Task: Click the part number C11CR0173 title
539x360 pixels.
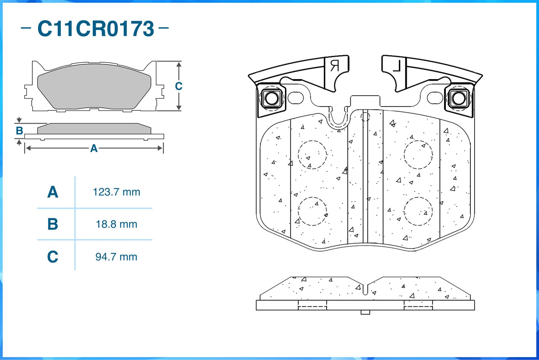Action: pyautogui.click(x=96, y=29)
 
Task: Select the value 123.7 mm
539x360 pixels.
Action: pyautogui.click(x=116, y=192)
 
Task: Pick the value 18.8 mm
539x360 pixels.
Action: pyautogui.click(x=116, y=224)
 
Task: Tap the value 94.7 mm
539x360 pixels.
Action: pyautogui.click(x=116, y=257)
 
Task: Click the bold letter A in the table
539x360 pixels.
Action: pyautogui.click(x=53, y=192)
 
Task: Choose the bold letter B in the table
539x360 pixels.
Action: pyautogui.click(x=53, y=224)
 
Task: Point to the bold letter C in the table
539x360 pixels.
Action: pyautogui.click(x=53, y=257)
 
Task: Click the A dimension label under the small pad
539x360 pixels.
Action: pyautogui.click(x=94, y=149)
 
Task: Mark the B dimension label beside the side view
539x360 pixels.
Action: pyautogui.click(x=19, y=131)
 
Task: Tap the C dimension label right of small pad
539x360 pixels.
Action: pyautogui.click(x=179, y=86)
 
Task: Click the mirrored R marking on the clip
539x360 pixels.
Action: pyautogui.click(x=335, y=66)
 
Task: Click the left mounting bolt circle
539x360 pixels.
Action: pyautogui.click(x=271, y=98)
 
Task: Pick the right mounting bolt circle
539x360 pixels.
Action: pyautogui.click(x=459, y=98)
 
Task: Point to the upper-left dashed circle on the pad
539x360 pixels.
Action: pyautogui.click(x=312, y=155)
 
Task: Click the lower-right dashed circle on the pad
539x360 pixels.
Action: pyautogui.click(x=418, y=211)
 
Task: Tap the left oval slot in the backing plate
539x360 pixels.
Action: pyautogui.click(x=296, y=98)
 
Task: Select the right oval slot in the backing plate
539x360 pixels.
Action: pyautogui.click(x=435, y=98)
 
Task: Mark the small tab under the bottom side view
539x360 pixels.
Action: pyautogui.click(x=365, y=312)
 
